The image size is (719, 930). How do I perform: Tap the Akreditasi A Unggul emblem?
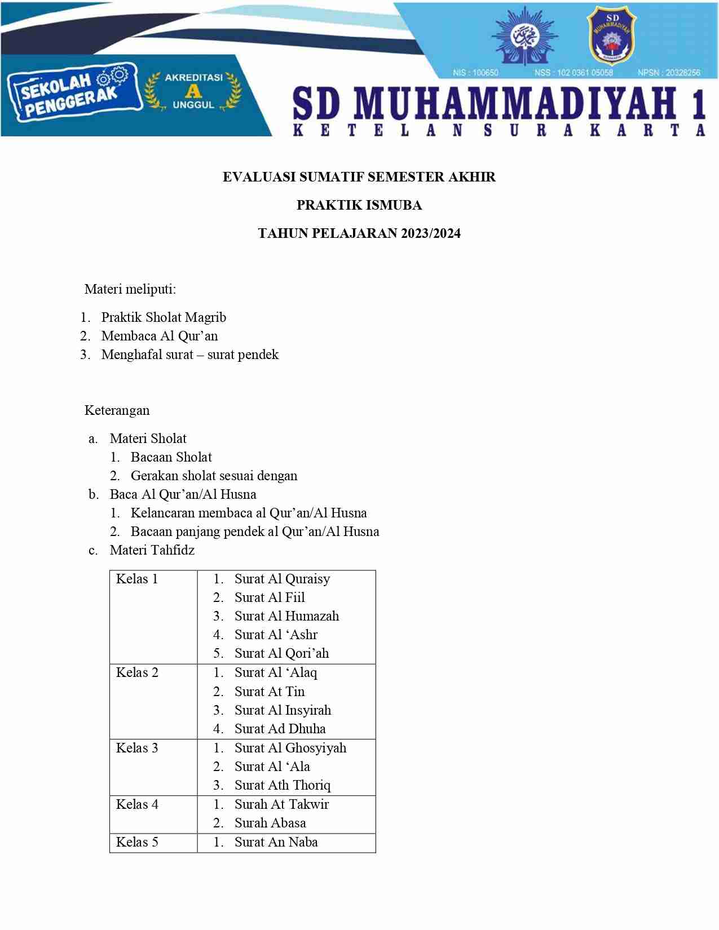[193, 91]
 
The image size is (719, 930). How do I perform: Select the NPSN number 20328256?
[669, 73]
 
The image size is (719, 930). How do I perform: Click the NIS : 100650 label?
[475, 73]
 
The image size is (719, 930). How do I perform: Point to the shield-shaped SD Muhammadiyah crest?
[611, 36]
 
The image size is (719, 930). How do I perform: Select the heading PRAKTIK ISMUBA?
[359, 205]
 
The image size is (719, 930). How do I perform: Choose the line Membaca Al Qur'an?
[159, 336]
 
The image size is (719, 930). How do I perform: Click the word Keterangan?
[117, 410]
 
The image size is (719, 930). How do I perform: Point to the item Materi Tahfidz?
[152, 550]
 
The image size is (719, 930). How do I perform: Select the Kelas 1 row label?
[137, 579]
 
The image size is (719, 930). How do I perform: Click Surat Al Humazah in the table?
[286, 616]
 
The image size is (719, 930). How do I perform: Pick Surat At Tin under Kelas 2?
[270, 692]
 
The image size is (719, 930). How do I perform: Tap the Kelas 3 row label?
[137, 748]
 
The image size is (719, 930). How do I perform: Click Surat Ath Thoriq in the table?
[283, 785]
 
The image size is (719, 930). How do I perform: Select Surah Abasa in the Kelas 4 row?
[270, 823]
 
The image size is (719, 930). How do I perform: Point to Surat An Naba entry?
[276, 842]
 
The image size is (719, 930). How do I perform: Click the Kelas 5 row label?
[137, 842]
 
